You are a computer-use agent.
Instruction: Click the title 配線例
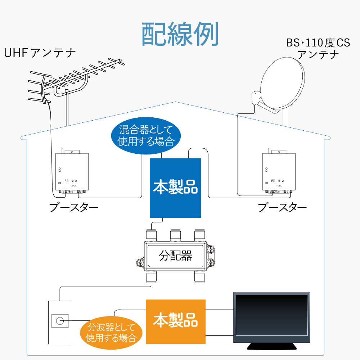pyautogui.click(x=180, y=34)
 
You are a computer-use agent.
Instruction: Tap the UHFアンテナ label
pyautogui.click(x=40, y=53)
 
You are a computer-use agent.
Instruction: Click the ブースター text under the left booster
pyautogui.click(x=73, y=208)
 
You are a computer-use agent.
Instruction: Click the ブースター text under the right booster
pyautogui.click(x=283, y=208)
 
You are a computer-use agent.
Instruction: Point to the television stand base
pyautogui.click(x=272, y=346)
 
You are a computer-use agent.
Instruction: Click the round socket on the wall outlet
pyautogui.click(x=59, y=320)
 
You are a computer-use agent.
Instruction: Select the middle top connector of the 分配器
pyautogui.click(x=175, y=235)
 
